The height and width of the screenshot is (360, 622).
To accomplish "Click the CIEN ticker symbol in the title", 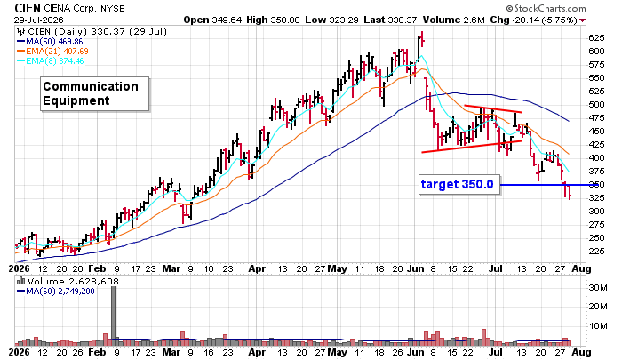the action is [28, 8].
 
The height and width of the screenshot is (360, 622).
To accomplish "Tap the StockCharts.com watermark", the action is [546, 8].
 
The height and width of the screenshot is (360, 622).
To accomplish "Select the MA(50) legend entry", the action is [50, 41].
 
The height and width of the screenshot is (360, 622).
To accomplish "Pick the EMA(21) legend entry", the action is [52, 52].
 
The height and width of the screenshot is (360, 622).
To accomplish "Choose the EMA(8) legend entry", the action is [50, 61].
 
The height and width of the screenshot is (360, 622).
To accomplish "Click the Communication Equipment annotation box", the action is [95, 93].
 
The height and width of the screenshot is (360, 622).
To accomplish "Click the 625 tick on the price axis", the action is [596, 38].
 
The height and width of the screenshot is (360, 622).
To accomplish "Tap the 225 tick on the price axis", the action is [596, 252].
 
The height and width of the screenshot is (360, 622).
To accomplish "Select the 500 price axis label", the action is [596, 105].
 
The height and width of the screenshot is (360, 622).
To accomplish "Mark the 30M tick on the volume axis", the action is [598, 287].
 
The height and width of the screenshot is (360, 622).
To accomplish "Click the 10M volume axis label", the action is [598, 326].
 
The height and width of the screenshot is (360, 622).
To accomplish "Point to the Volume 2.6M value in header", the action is [452, 20].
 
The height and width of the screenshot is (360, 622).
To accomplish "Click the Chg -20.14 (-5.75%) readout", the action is [533, 20].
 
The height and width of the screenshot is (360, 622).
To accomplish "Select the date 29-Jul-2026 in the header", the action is [39, 20].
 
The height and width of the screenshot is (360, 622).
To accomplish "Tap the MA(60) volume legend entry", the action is [55, 292].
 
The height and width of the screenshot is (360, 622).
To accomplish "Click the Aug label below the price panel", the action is [581, 268].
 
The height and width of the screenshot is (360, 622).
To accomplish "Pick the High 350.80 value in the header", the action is [273, 20].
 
